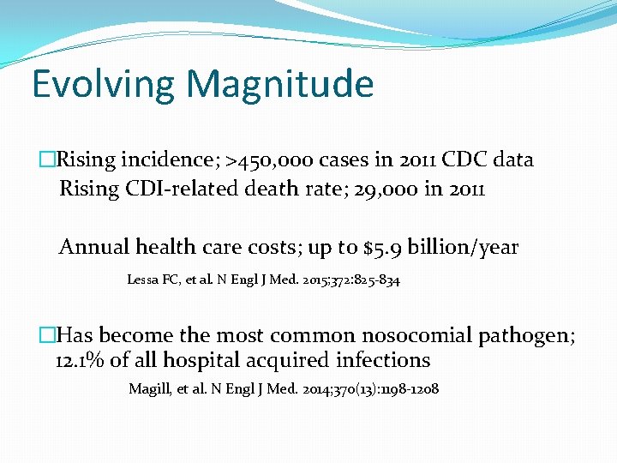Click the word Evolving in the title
click(x=103, y=84)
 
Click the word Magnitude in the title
click(x=280, y=84)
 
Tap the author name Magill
click(x=148, y=389)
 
